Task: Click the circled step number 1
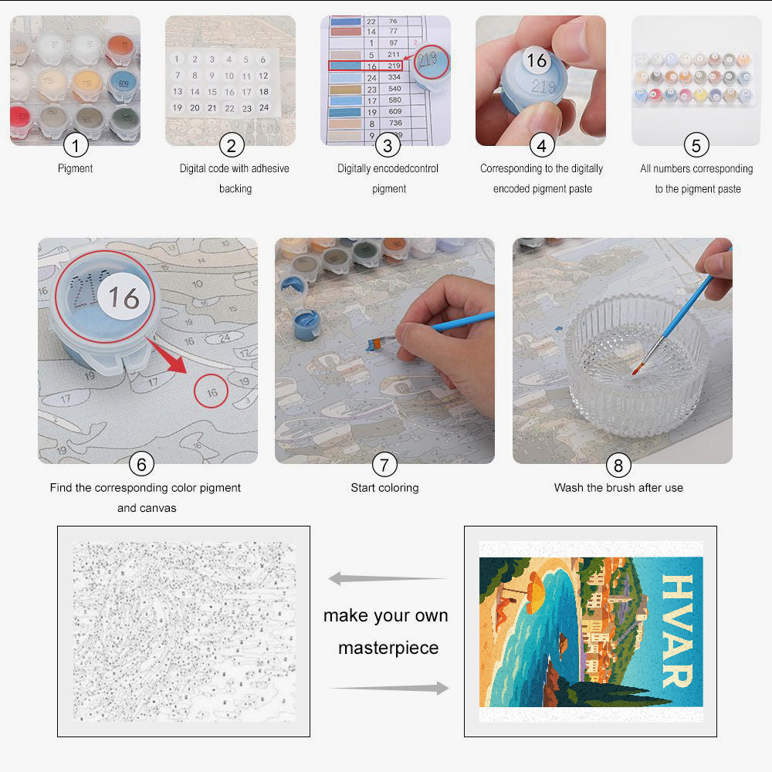coord(76,144)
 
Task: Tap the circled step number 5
coord(696,144)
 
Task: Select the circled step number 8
coord(618,464)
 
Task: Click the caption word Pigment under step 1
coord(76,168)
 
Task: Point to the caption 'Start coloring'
coord(384,488)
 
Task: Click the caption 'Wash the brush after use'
coord(618,488)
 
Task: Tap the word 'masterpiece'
coord(388,648)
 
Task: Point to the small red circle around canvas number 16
coord(212,392)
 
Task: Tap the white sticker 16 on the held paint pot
coord(537,60)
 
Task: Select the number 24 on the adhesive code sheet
coord(263,108)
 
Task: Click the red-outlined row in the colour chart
coord(365,66)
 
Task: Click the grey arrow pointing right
coord(390,688)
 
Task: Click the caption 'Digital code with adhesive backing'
coord(235,178)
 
